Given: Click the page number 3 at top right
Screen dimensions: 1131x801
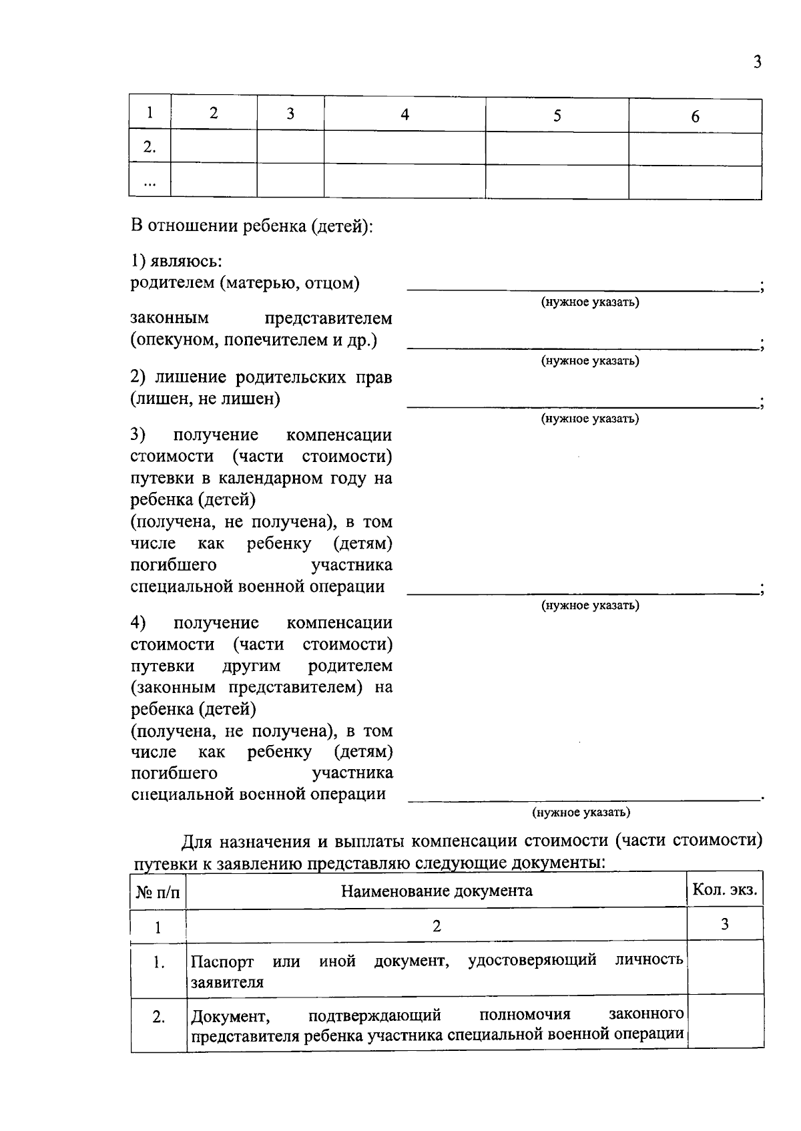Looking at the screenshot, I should pyautogui.click(x=756, y=63).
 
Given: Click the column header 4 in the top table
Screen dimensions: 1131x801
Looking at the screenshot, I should pyautogui.click(x=405, y=115).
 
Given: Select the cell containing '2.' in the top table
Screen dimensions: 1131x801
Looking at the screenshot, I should pyautogui.click(x=150, y=148).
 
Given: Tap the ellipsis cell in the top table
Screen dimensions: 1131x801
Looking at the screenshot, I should pyautogui.click(x=150, y=182).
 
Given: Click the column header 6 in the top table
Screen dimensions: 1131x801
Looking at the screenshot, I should pyautogui.click(x=695, y=117).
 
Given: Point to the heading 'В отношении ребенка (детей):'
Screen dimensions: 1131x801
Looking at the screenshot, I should pyautogui.click(x=252, y=226).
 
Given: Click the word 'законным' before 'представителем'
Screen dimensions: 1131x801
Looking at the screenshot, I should pyautogui.click(x=170, y=318).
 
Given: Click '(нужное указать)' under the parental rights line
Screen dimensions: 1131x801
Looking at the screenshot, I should pyautogui.click(x=589, y=419).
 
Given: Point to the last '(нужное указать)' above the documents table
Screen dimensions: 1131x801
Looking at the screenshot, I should pyautogui.click(x=581, y=813).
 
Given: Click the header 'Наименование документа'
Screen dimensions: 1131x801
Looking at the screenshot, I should pyautogui.click(x=437, y=891).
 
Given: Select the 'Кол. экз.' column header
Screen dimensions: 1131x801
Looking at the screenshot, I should pyautogui.click(x=725, y=890).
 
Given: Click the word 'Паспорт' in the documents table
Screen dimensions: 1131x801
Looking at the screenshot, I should pyautogui.click(x=222, y=962).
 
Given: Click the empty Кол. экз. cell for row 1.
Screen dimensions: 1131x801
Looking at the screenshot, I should pyautogui.click(x=726, y=968).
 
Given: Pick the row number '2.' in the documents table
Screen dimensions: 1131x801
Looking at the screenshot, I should pyautogui.click(x=158, y=1018).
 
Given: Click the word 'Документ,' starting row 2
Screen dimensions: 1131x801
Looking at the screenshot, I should pyautogui.click(x=230, y=1017).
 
